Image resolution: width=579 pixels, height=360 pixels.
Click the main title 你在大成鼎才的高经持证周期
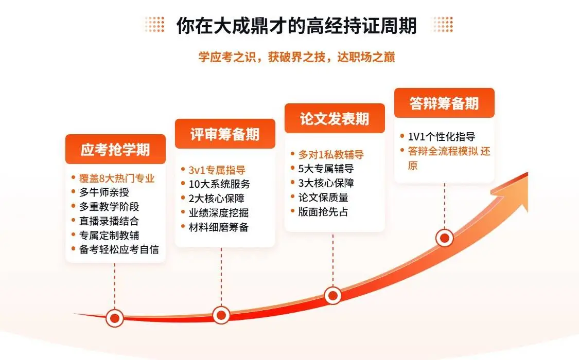[296, 25]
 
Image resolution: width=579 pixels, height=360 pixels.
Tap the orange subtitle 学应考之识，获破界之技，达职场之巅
[296, 57]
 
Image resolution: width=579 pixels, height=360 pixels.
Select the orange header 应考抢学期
[115, 149]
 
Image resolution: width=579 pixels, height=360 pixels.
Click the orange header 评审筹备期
[225, 134]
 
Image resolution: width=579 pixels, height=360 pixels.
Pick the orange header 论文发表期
[335, 119]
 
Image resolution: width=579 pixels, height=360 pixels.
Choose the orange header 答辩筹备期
[444, 103]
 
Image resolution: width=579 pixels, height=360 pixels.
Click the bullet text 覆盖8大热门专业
[117, 178]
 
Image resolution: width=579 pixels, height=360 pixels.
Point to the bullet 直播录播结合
[109, 221]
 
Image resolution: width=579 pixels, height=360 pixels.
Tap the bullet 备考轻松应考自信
[119, 249]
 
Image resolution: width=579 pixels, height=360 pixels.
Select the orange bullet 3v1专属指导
[217, 170]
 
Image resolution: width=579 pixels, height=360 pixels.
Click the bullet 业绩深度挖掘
[219, 212]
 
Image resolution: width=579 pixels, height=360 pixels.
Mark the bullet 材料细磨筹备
[219, 227]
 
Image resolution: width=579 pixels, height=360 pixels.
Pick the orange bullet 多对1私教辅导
[331, 154]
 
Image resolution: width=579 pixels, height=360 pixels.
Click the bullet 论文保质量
[323, 197]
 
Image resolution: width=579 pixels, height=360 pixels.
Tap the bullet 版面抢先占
[323, 211]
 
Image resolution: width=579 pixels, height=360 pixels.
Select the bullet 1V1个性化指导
[441, 137]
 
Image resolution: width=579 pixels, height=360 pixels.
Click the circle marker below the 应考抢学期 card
[115, 318]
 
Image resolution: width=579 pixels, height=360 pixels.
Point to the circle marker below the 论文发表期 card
[333, 295]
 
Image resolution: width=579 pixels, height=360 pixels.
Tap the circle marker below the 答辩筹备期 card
[444, 238]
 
